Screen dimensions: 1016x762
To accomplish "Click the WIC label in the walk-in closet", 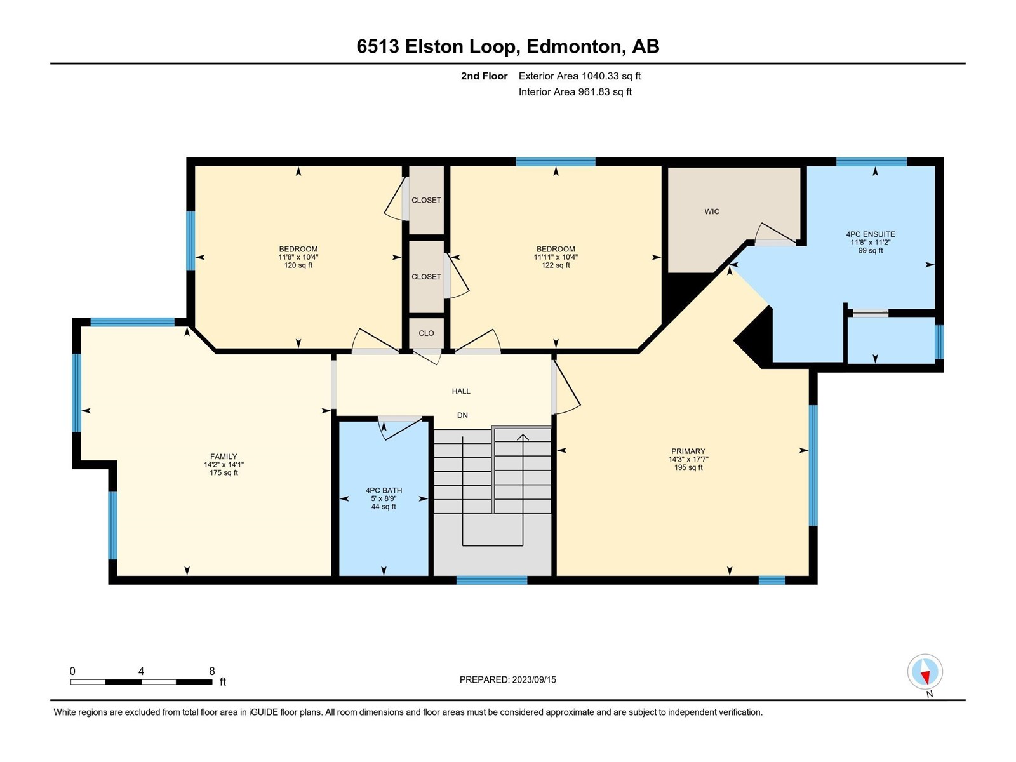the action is coord(711,211).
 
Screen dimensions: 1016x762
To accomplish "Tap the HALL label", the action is coord(460,391).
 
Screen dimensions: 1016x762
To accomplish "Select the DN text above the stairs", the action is coord(462,415).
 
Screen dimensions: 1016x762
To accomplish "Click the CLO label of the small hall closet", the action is coord(426,333).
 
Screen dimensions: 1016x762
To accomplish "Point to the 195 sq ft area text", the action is coord(688,467).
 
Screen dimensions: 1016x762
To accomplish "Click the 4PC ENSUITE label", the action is coord(870,234).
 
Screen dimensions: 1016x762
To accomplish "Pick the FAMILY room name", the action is coord(224,456).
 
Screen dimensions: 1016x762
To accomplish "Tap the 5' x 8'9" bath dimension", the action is coord(384,498).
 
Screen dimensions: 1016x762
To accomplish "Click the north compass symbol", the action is coord(925,672).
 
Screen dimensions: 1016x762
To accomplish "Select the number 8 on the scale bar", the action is coord(211,671).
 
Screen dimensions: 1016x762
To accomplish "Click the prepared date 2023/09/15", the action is coord(533,679).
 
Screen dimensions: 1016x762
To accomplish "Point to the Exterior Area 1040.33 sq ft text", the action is coord(580,76).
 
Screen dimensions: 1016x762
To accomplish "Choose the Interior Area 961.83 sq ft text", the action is coord(575,91).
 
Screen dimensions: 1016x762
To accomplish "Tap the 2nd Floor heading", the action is coord(484,76).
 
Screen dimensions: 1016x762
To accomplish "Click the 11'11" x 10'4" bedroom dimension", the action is coord(556,257).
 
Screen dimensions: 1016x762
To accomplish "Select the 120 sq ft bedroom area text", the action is coord(298,265).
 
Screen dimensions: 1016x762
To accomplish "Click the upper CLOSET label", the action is coord(426,200).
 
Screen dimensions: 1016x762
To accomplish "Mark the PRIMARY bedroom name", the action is coord(688,451).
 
